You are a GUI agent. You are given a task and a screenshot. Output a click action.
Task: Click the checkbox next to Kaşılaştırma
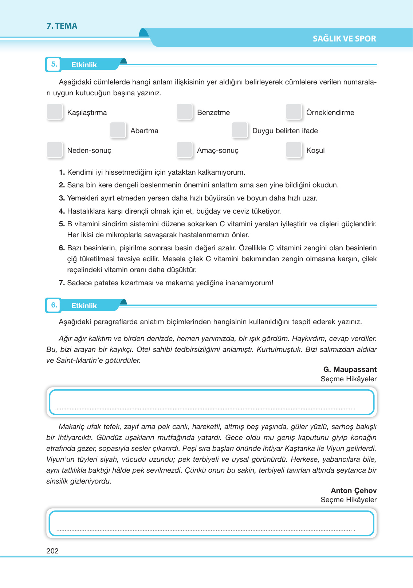pos(55,112)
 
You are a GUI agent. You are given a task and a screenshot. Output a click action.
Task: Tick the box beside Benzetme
pos(184,112)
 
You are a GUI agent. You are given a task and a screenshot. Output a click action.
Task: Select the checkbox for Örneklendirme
pos(294,112)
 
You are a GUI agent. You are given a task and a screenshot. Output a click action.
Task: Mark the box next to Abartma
pos(118,130)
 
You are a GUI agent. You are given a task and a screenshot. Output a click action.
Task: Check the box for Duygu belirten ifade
pos(240,130)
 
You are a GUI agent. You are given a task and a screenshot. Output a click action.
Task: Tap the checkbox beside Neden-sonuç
pos(55,150)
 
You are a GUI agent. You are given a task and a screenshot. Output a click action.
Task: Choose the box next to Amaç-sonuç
pos(184,150)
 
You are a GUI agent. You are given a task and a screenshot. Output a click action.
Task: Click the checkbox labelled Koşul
pos(294,150)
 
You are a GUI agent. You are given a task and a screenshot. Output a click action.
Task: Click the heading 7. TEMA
pos(62,26)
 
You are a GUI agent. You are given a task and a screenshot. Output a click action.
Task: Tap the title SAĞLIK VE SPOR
pos(344,39)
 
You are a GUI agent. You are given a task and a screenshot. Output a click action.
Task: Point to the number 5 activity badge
pos(54,64)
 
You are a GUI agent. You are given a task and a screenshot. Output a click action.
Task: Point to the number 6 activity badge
pos(54,305)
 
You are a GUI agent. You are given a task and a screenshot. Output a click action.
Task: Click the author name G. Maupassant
pos(350,369)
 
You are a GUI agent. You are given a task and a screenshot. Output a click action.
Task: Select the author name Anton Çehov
pos(353,490)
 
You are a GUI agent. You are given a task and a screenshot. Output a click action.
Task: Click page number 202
pos(52,551)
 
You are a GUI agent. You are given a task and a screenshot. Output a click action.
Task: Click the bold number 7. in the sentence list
pos(62,283)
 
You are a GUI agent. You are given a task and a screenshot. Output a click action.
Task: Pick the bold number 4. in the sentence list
pos(62,211)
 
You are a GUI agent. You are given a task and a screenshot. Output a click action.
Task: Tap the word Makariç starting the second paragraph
pos(71,426)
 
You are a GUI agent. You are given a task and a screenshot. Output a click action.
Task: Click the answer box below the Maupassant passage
pos(211,402)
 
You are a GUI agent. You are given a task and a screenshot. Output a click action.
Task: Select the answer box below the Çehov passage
pos(211,523)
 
